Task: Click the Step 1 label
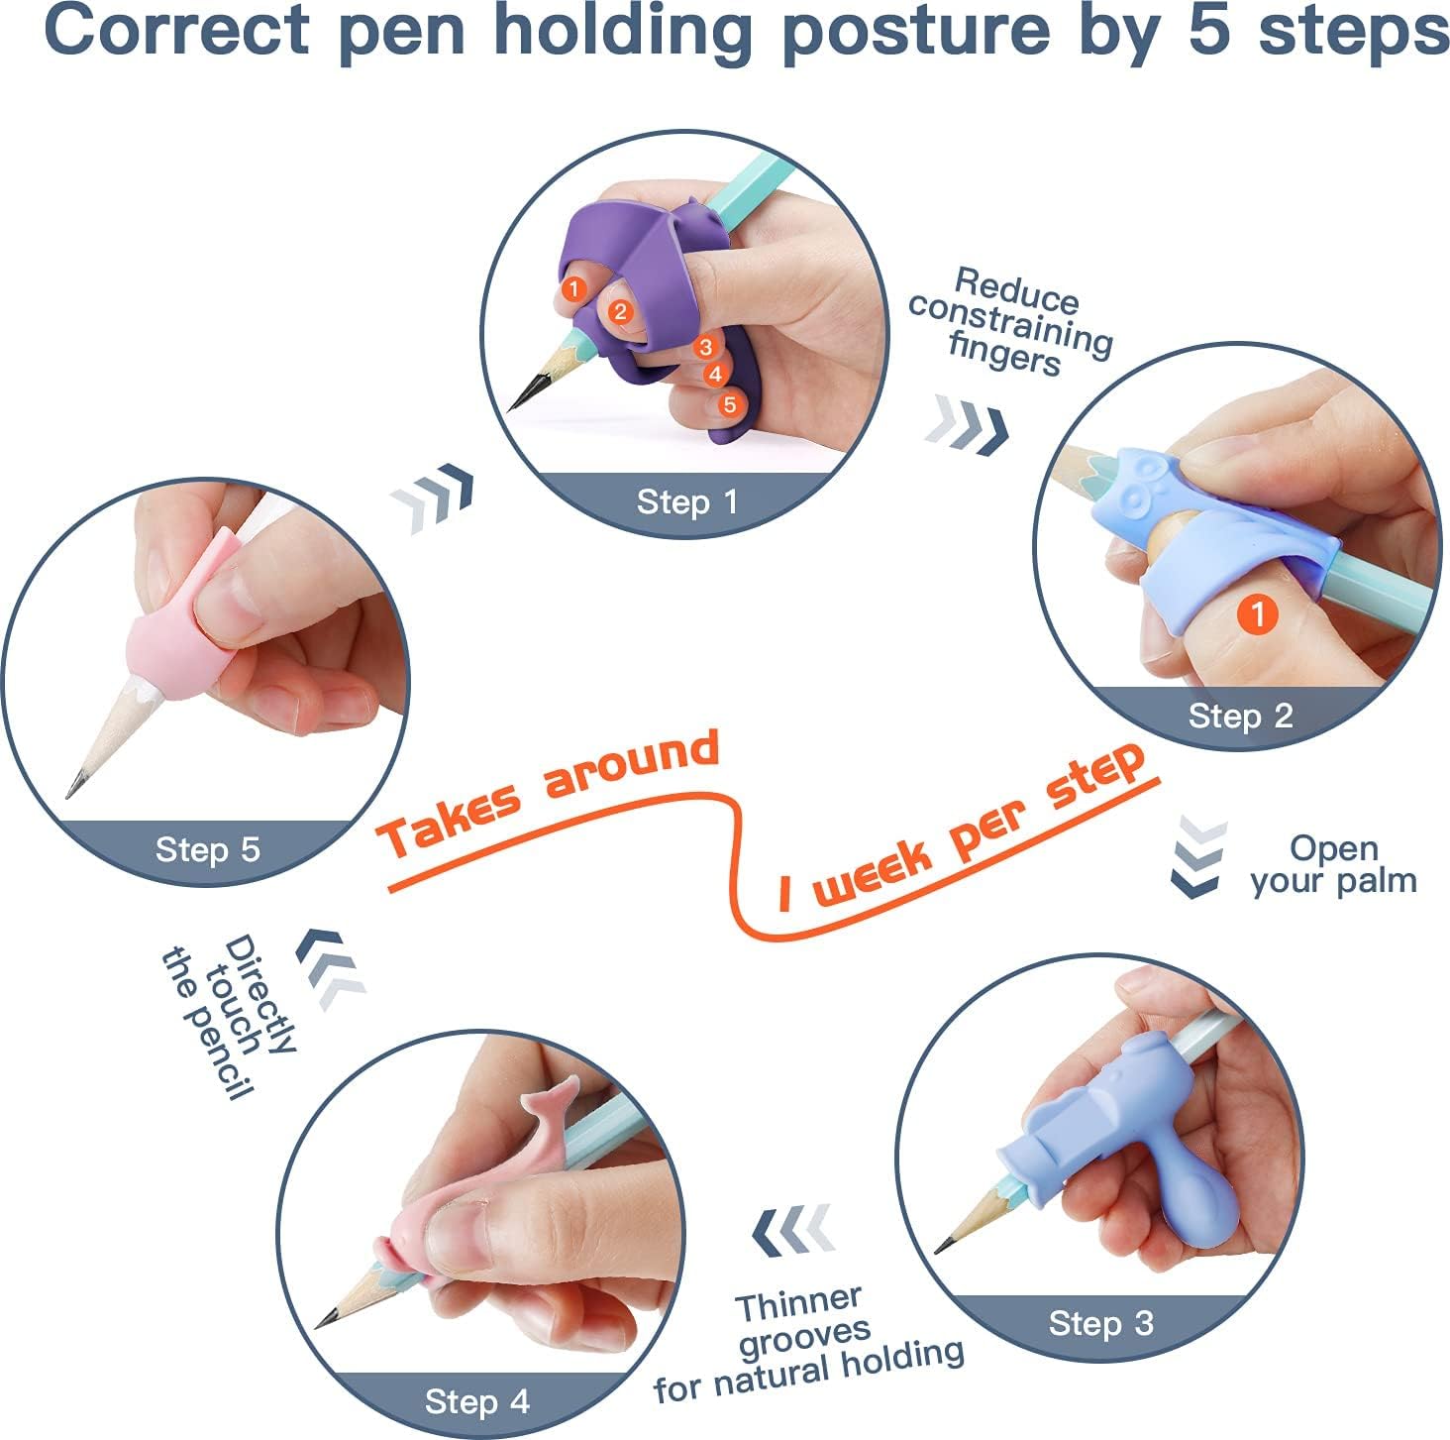click(686, 501)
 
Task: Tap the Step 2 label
click(1240, 716)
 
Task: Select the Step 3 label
click(1100, 1323)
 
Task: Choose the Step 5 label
click(208, 849)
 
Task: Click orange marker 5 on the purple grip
click(729, 404)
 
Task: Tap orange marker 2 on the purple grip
click(620, 312)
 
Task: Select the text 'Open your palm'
click(1333, 864)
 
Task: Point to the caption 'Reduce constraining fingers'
click(1010, 321)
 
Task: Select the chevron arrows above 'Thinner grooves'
click(793, 1231)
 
